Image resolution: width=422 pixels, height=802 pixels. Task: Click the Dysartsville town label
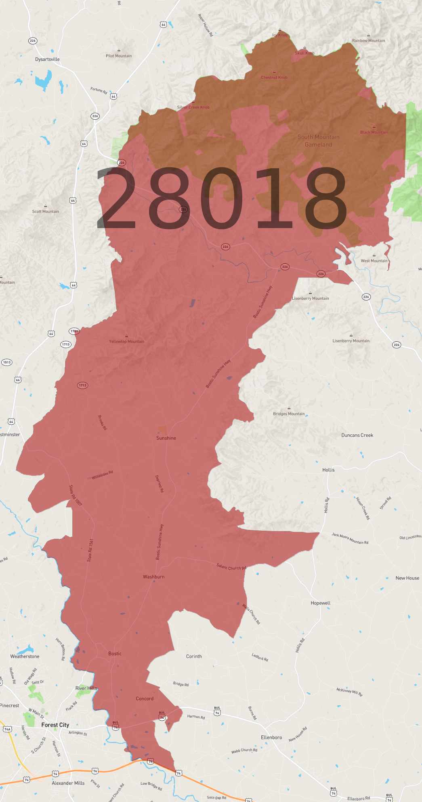click(47, 59)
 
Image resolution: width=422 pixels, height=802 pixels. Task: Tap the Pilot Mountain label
click(119, 56)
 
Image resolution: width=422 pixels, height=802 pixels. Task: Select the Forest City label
click(55, 725)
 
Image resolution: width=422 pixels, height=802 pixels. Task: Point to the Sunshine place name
click(166, 438)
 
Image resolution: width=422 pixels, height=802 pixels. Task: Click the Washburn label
click(153, 577)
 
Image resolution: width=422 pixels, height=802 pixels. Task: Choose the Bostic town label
click(115, 654)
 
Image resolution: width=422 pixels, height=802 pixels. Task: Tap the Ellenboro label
click(271, 737)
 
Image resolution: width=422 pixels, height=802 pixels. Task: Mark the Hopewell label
click(321, 603)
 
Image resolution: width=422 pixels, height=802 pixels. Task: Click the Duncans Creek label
click(357, 435)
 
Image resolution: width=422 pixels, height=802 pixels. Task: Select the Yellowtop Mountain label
click(126, 341)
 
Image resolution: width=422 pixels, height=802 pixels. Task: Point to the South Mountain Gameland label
click(318, 141)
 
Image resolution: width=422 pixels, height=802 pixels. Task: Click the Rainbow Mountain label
click(368, 40)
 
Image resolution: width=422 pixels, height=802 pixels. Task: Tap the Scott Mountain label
click(46, 212)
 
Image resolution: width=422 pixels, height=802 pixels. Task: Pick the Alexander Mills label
click(68, 783)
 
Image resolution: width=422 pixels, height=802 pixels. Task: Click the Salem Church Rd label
click(231, 567)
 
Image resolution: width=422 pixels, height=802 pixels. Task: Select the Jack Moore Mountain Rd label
click(350, 538)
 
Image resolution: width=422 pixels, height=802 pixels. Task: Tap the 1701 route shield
click(74, 331)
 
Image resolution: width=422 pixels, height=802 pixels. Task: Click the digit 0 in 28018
click(222, 198)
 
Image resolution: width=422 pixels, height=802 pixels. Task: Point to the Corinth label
click(194, 656)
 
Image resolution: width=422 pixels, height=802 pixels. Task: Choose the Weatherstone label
click(25, 656)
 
